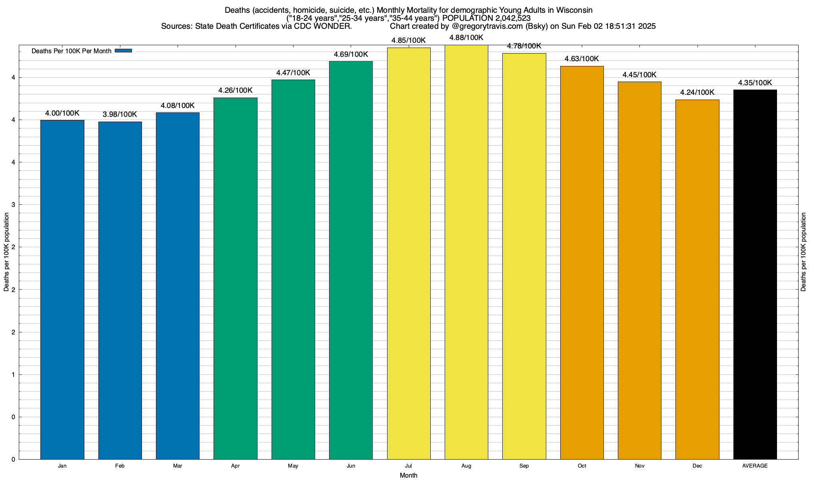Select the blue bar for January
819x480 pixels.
(x=62, y=290)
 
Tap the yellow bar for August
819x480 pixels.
(x=466, y=252)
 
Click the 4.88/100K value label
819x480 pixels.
(x=466, y=38)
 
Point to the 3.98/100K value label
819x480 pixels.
(x=120, y=114)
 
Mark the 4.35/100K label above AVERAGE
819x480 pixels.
(x=755, y=83)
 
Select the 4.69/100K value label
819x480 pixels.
(x=351, y=54)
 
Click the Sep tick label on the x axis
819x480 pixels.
(x=524, y=466)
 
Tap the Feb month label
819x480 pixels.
(x=120, y=466)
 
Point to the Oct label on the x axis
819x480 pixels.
(x=582, y=466)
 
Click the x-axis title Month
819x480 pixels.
(x=408, y=475)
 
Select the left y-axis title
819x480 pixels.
(x=6, y=252)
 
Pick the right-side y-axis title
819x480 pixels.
(x=803, y=252)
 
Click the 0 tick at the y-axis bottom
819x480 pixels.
(x=14, y=459)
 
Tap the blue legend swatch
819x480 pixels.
(x=123, y=51)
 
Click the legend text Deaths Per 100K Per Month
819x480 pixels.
(x=72, y=51)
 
